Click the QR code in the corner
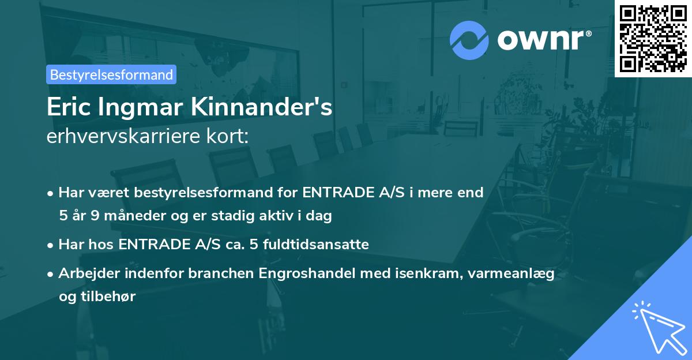(x=653, y=38)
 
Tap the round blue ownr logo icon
(x=469, y=40)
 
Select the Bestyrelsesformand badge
(x=111, y=74)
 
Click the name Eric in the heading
(x=69, y=108)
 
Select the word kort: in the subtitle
(x=229, y=137)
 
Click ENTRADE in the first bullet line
(x=337, y=193)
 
